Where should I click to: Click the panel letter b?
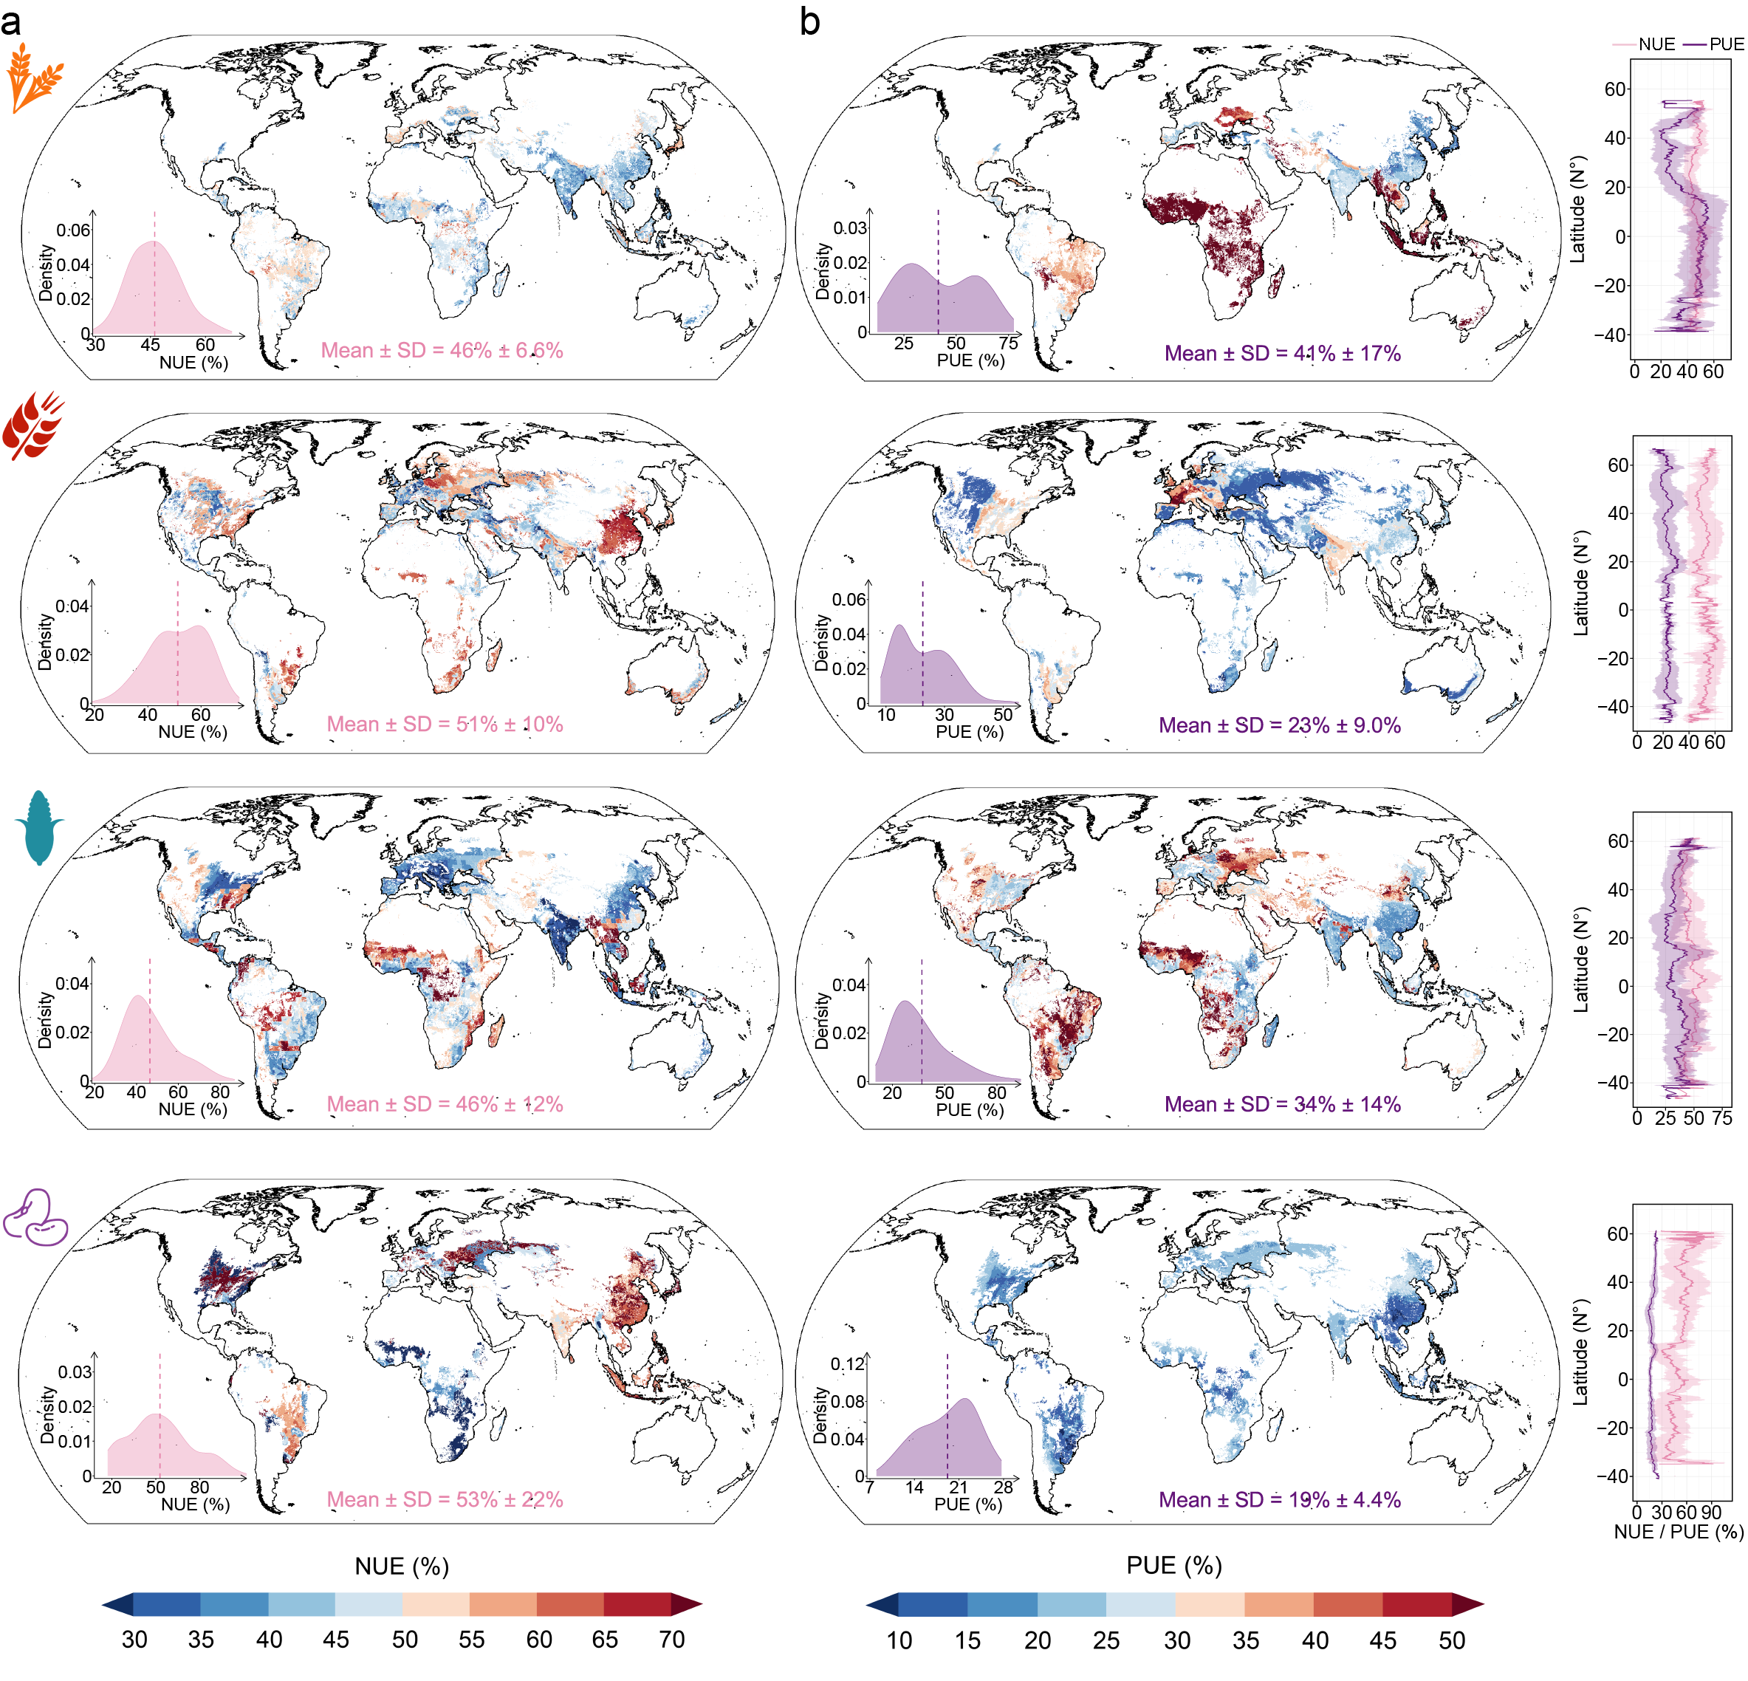809,22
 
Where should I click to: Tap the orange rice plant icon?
35,81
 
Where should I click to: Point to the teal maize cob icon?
39,826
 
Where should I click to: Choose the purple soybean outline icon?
35,1217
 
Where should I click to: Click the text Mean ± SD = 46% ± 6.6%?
442,351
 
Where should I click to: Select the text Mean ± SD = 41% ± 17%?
1281,353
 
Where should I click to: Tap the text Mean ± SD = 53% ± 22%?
444,1499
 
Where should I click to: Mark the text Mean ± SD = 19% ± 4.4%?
1279,1499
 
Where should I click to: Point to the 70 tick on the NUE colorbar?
671,1639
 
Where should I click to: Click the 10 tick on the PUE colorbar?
899,1640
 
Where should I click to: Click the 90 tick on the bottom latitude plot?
1710,1513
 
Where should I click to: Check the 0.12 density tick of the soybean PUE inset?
847,1364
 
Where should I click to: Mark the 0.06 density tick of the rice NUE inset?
73,230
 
